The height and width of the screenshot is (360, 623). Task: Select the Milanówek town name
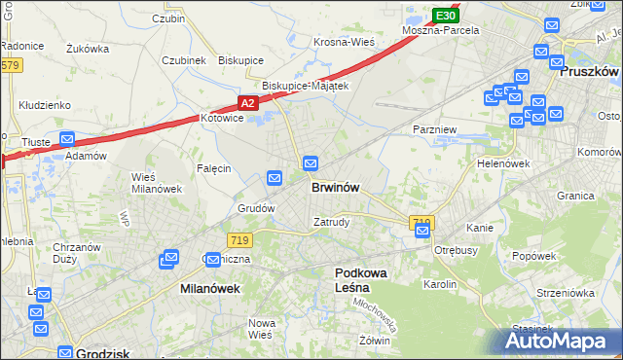(209, 289)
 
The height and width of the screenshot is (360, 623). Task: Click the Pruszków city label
(590, 72)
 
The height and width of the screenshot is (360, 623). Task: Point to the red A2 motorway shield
(248, 102)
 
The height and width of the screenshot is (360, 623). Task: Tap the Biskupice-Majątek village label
(299, 86)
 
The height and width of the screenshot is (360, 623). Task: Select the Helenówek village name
(503, 163)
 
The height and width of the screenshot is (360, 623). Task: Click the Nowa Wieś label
(262, 329)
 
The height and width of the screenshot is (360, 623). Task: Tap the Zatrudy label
(331, 221)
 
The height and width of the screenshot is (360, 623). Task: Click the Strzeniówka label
(564, 292)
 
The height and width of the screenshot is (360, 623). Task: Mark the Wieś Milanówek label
(151, 182)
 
